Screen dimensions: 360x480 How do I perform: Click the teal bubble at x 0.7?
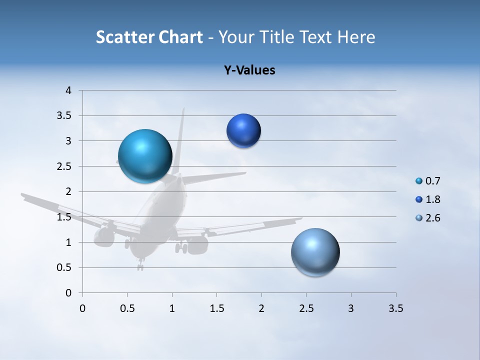[x=145, y=156]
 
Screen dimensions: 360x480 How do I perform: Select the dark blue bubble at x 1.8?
[x=243, y=131]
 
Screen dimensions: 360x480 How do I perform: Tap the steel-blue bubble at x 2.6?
[x=315, y=252]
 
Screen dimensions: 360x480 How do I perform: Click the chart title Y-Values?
[x=249, y=70]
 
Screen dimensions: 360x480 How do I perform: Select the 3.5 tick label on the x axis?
[x=395, y=308]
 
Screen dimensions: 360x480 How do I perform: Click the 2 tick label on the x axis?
[x=261, y=308]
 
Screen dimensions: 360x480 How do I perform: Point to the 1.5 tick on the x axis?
[x=216, y=308]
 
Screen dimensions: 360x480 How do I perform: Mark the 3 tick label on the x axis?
[x=351, y=308]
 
